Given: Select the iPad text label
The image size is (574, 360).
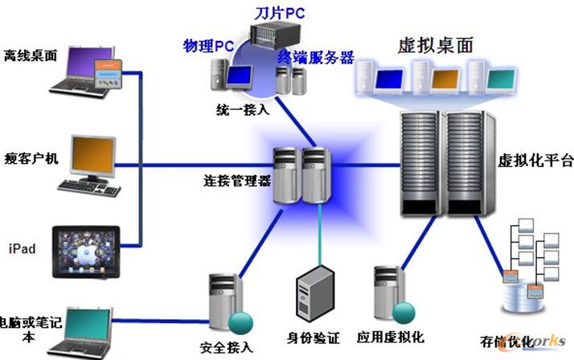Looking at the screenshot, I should (x=22, y=248).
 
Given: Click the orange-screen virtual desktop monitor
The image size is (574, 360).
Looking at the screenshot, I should (x=445, y=80).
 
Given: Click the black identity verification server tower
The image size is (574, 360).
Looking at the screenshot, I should (x=317, y=295).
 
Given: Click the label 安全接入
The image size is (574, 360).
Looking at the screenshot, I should (x=226, y=347).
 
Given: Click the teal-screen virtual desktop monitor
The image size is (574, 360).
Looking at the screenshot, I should (x=500, y=80).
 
